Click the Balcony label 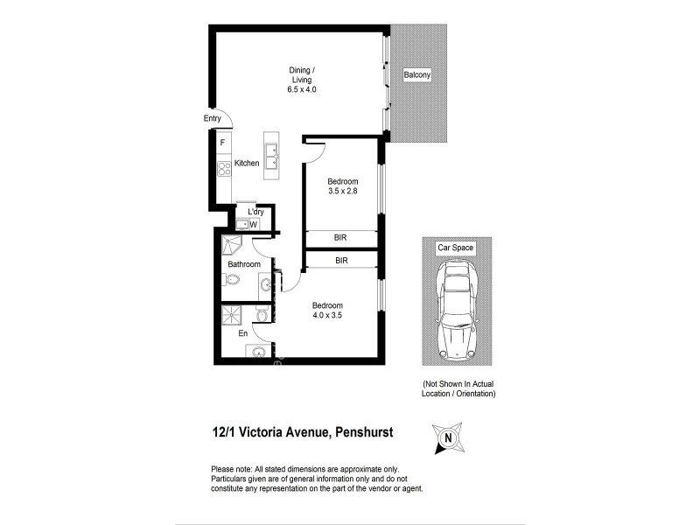(416, 75)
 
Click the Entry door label (212, 119)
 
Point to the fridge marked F (223, 142)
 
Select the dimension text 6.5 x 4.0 (300, 90)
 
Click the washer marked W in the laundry (253, 225)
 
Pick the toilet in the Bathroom (231, 280)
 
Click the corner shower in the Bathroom (232, 244)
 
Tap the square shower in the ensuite (233, 313)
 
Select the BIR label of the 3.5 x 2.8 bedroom (341, 238)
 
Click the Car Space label (456, 248)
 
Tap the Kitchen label (247, 164)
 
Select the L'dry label (255, 212)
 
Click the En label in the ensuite (242, 333)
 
